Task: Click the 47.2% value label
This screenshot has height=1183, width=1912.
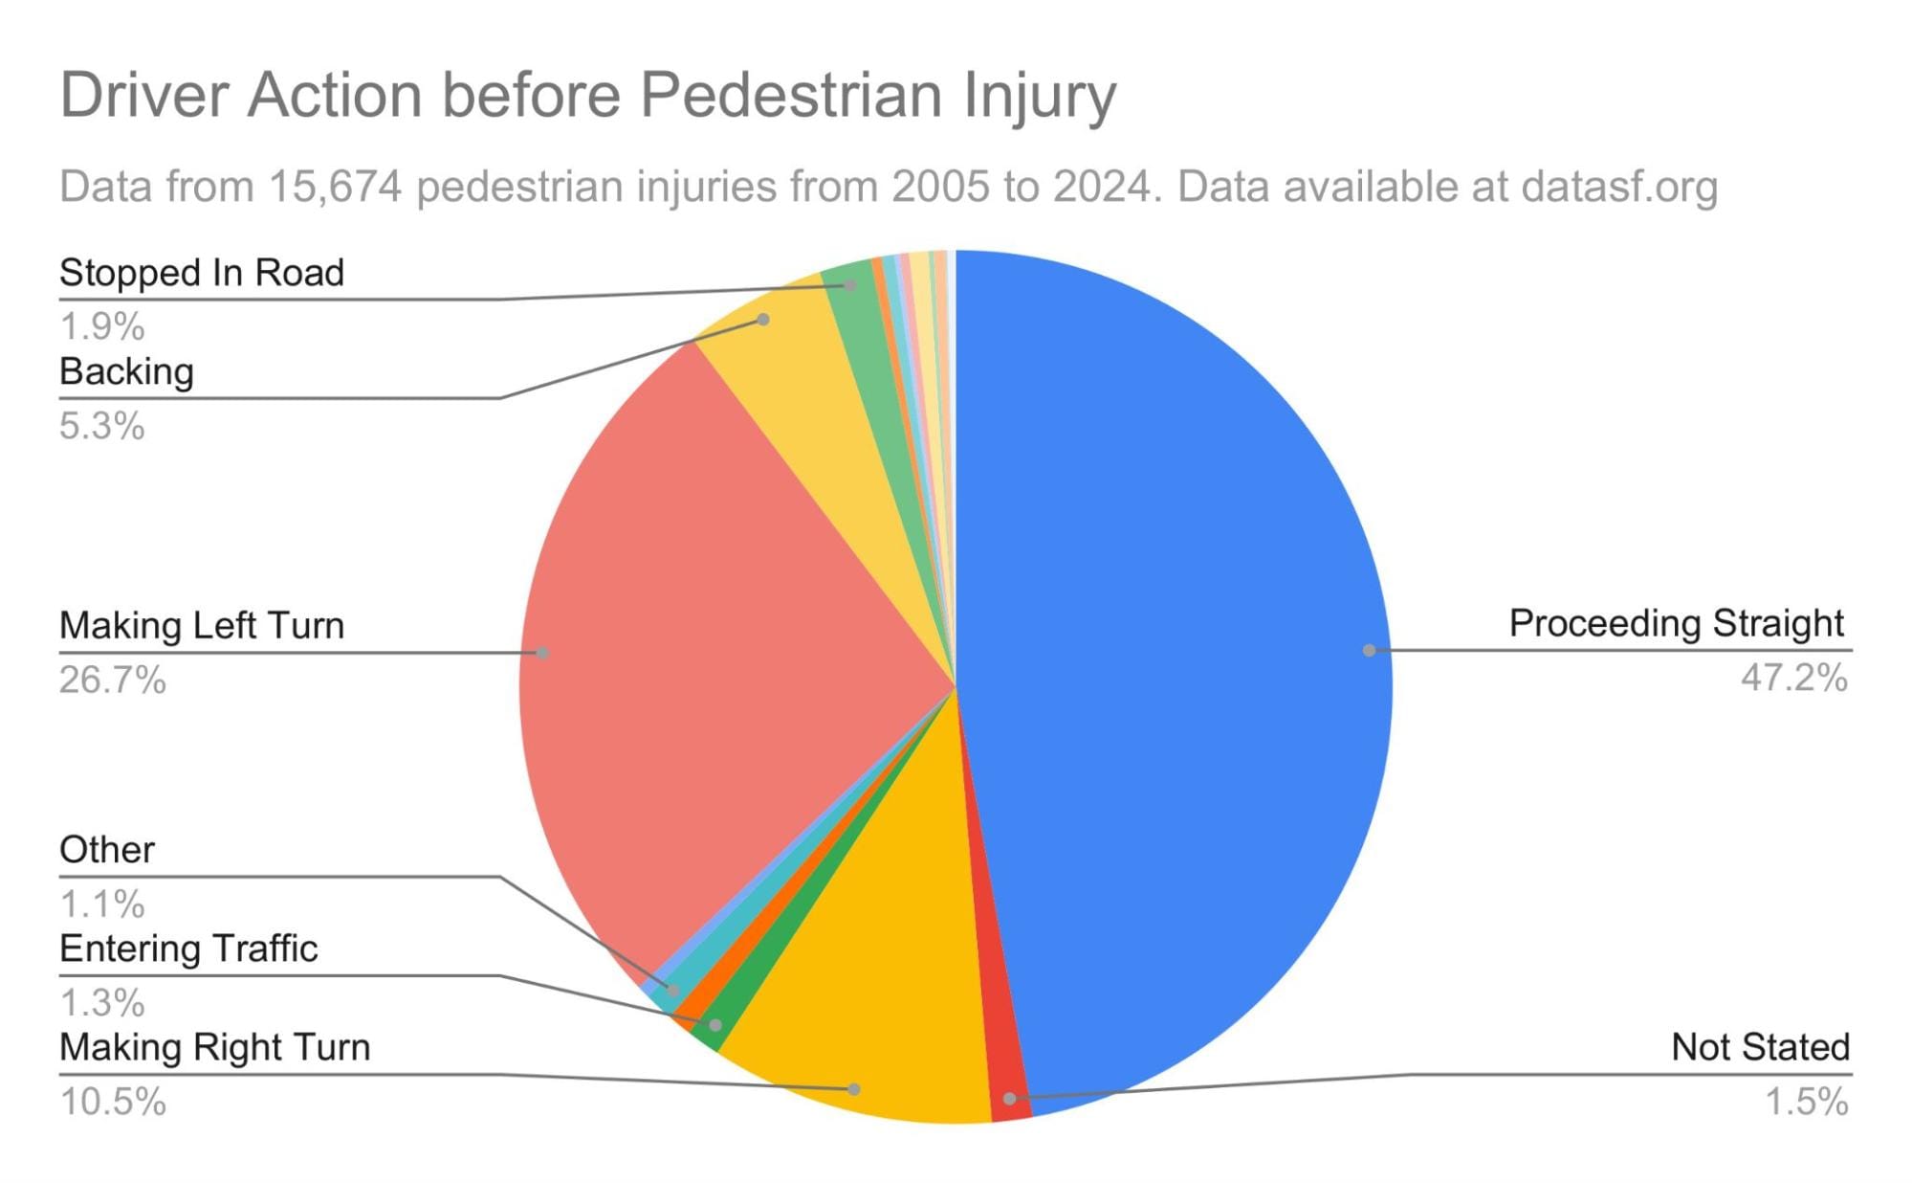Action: pyautogui.click(x=1793, y=679)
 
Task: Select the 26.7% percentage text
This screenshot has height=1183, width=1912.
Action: pyautogui.click(x=113, y=681)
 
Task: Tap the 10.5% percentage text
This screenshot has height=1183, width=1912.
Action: pyautogui.click(x=113, y=1102)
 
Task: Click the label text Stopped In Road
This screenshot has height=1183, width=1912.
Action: pyautogui.click(x=202, y=273)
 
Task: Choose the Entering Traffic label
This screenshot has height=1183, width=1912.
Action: pyautogui.click(x=188, y=949)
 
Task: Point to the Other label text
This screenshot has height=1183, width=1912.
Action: pyautogui.click(x=107, y=850)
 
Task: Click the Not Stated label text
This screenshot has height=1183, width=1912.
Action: pyautogui.click(x=1760, y=1047)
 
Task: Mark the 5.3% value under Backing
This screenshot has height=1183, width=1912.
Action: pyautogui.click(x=102, y=426)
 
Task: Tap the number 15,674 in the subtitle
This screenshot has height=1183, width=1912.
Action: pyautogui.click(x=335, y=187)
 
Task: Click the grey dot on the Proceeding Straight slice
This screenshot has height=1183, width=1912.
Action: pyautogui.click(x=1369, y=651)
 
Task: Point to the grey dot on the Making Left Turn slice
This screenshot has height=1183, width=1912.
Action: pyautogui.click(x=542, y=653)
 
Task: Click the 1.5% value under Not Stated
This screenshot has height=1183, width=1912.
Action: pyautogui.click(x=1806, y=1102)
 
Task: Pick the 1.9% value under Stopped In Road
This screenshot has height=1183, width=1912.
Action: pyautogui.click(x=102, y=327)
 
